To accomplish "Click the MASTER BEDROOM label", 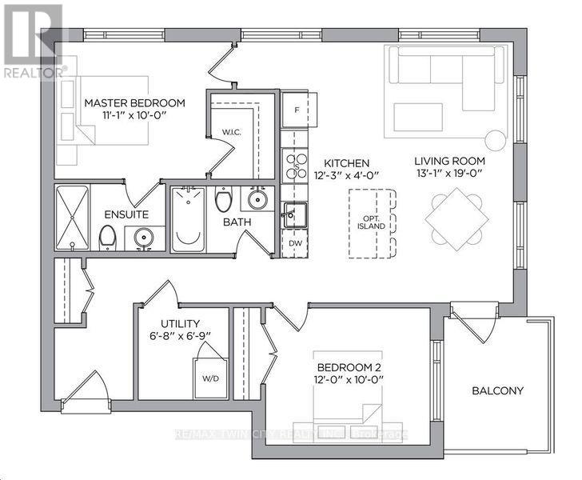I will pyautogui.click(x=134, y=103).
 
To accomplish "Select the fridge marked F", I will pyautogui.click(x=297, y=109).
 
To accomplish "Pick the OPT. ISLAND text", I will pyautogui.click(x=372, y=221).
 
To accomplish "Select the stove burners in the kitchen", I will pyautogui.click(x=297, y=164).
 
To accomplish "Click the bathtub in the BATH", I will pyautogui.click(x=189, y=218).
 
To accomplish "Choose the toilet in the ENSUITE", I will pyautogui.click(x=106, y=237).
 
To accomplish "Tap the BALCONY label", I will pyautogui.click(x=497, y=390).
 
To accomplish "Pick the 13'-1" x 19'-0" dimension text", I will pyautogui.click(x=449, y=174).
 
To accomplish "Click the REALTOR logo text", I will pyautogui.click(x=31, y=71).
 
